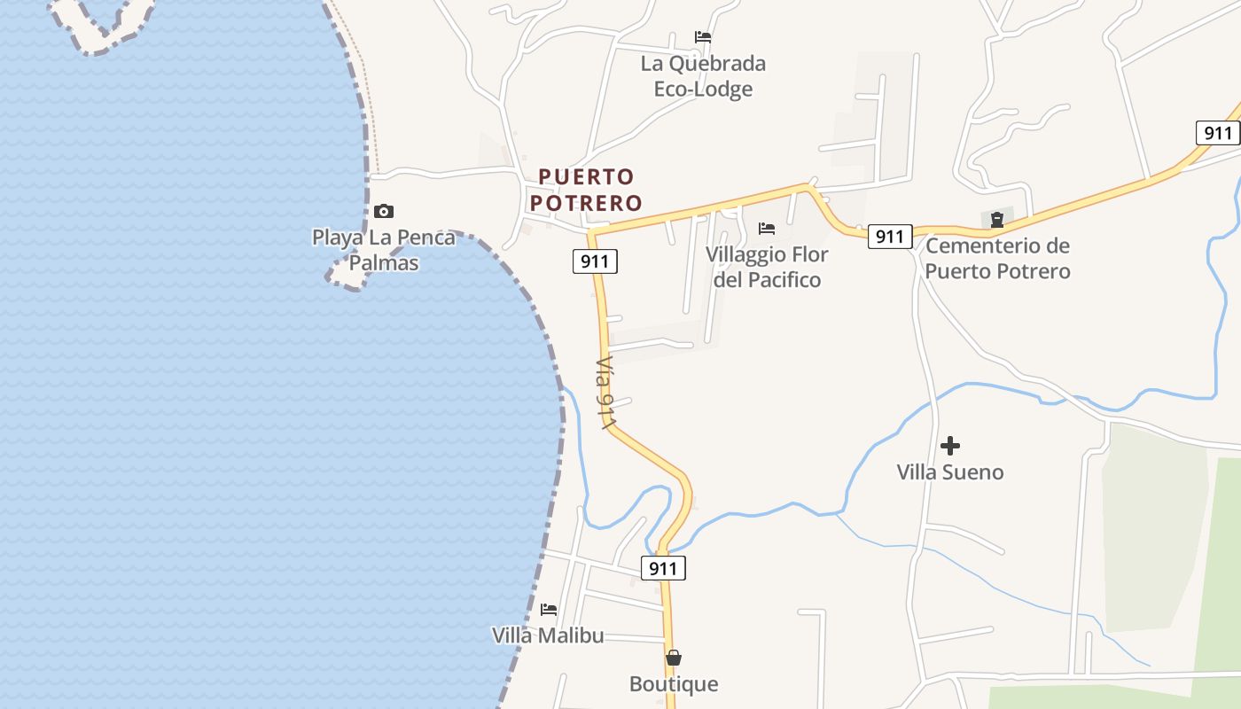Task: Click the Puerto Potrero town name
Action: (586, 190)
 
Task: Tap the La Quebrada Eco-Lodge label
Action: (703, 76)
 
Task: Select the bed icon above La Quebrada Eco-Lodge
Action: (703, 37)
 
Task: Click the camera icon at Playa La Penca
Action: (383, 211)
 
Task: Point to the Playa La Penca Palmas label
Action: (384, 250)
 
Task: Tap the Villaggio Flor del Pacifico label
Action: (767, 267)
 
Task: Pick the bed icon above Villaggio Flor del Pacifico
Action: (767, 229)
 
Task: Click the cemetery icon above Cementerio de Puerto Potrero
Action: (997, 219)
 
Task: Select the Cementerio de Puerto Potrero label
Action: (997, 258)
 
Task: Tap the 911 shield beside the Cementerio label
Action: (889, 236)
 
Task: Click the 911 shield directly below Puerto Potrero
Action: (595, 261)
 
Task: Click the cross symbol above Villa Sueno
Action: (950, 445)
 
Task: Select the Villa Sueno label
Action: (950, 471)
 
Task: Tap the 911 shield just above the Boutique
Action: (663, 568)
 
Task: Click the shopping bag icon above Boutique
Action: (674, 658)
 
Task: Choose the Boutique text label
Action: (674, 684)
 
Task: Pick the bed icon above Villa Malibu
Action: (549, 610)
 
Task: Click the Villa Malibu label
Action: (548, 635)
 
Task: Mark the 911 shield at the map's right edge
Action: (1218, 133)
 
